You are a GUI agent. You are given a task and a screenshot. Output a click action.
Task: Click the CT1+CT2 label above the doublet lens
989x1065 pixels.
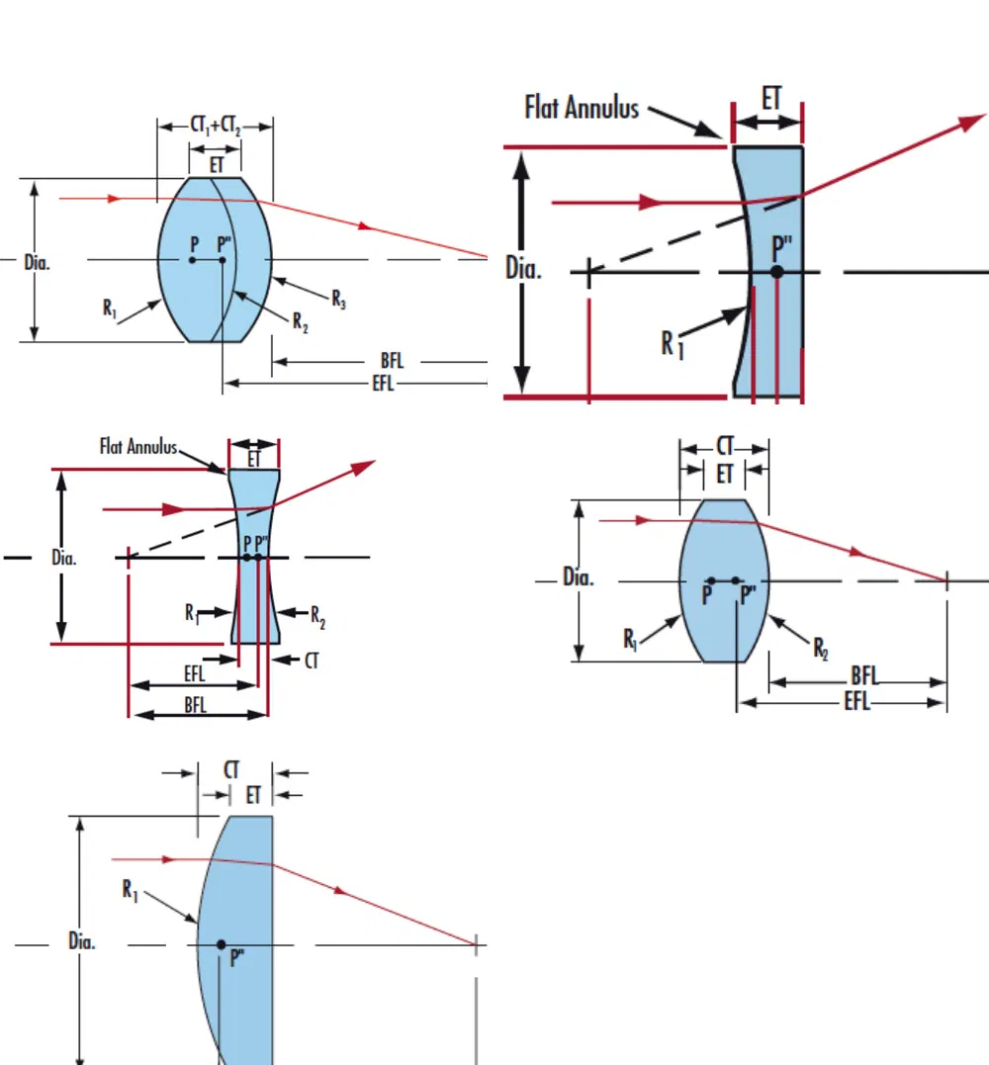coord(216,126)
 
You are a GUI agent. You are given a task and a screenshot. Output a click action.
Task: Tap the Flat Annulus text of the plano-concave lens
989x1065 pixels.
coord(582,107)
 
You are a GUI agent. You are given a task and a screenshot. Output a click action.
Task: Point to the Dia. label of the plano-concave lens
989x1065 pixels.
coord(523,268)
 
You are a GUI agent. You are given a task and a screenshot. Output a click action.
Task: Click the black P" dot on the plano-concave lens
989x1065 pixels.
coord(777,271)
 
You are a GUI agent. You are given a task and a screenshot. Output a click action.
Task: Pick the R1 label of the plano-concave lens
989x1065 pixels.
coord(673,343)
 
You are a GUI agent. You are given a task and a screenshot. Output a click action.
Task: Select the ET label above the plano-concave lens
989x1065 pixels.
coord(770,99)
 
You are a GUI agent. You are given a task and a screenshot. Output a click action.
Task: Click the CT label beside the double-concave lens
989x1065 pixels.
coord(312,661)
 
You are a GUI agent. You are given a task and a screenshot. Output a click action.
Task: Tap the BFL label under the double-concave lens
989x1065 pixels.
coord(195,704)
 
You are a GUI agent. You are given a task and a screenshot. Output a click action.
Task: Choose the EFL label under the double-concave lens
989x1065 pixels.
coord(195,674)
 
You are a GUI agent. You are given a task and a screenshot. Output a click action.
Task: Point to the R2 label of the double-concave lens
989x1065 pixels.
coord(317,618)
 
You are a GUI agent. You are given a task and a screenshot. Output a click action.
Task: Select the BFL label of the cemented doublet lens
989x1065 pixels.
coord(392,361)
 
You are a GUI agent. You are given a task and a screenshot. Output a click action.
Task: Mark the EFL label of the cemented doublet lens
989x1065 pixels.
coord(383,383)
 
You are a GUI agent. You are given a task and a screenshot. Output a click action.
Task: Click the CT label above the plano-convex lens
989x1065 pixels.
coord(231,769)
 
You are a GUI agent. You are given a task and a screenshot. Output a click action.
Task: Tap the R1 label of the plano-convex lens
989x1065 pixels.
coord(130,890)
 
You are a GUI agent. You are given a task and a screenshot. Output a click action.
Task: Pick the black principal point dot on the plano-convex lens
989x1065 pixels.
coord(222,944)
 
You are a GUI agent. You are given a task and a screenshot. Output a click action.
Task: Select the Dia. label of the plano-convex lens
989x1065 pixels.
coord(82,940)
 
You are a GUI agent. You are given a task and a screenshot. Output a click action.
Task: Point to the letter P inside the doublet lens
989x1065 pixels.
coord(195,243)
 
